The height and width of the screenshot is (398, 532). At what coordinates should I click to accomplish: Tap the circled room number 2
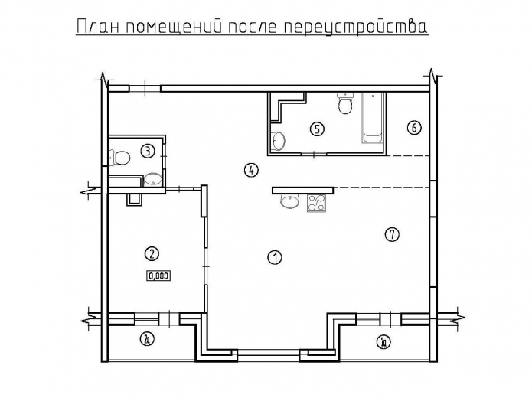(152, 253)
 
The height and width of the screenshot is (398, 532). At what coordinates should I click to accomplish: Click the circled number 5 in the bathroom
(316, 129)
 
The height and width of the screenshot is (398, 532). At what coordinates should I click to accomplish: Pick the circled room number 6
(413, 127)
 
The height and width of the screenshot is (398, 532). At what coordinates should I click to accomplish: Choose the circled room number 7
(392, 235)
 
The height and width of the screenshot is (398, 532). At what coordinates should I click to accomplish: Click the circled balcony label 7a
(383, 341)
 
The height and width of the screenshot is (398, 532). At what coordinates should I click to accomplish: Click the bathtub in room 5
(371, 119)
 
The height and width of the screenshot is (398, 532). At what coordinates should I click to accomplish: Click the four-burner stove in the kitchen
(316, 204)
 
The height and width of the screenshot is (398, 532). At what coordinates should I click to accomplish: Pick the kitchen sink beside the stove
(290, 202)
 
